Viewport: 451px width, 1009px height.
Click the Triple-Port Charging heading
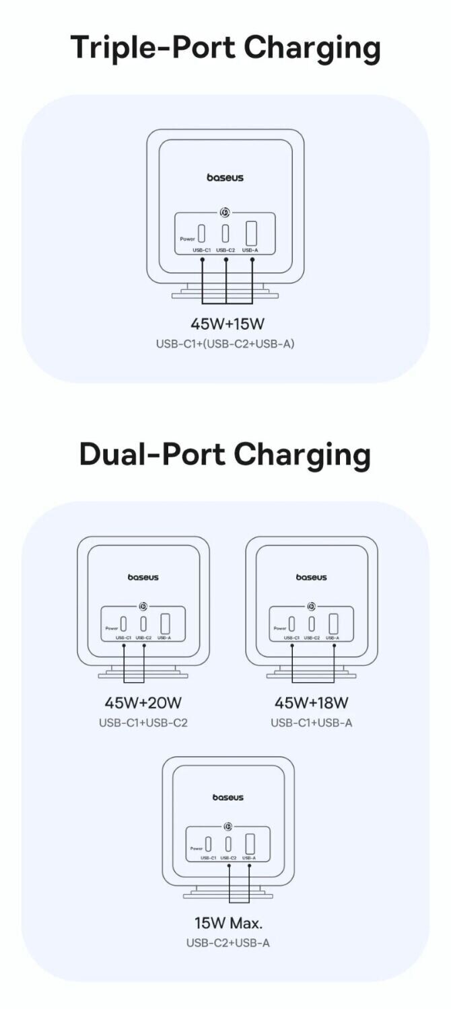(x=225, y=48)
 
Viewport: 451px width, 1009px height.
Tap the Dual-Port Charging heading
(x=225, y=455)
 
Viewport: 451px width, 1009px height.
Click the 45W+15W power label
(x=225, y=324)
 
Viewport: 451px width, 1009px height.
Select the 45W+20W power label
(x=143, y=703)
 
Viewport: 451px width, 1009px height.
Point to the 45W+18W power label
(x=311, y=703)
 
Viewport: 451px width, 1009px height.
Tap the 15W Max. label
(x=228, y=922)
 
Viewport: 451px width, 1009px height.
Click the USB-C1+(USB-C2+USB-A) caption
(x=225, y=344)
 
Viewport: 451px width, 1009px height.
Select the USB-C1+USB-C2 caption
(x=143, y=722)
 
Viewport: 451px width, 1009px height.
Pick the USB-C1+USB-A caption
(x=311, y=722)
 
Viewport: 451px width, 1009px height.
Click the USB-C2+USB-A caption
(x=228, y=942)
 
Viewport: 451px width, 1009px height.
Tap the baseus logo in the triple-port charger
(x=225, y=178)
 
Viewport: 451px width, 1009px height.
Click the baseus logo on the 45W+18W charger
(x=311, y=577)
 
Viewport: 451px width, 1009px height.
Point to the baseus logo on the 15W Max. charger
(x=228, y=797)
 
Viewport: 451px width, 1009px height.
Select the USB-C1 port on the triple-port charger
(x=202, y=234)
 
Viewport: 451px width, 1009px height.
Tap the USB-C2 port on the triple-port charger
(x=226, y=233)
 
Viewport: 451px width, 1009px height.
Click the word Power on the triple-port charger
(x=187, y=239)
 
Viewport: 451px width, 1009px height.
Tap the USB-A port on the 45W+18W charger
(x=333, y=623)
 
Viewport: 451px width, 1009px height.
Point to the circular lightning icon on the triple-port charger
(x=225, y=213)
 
